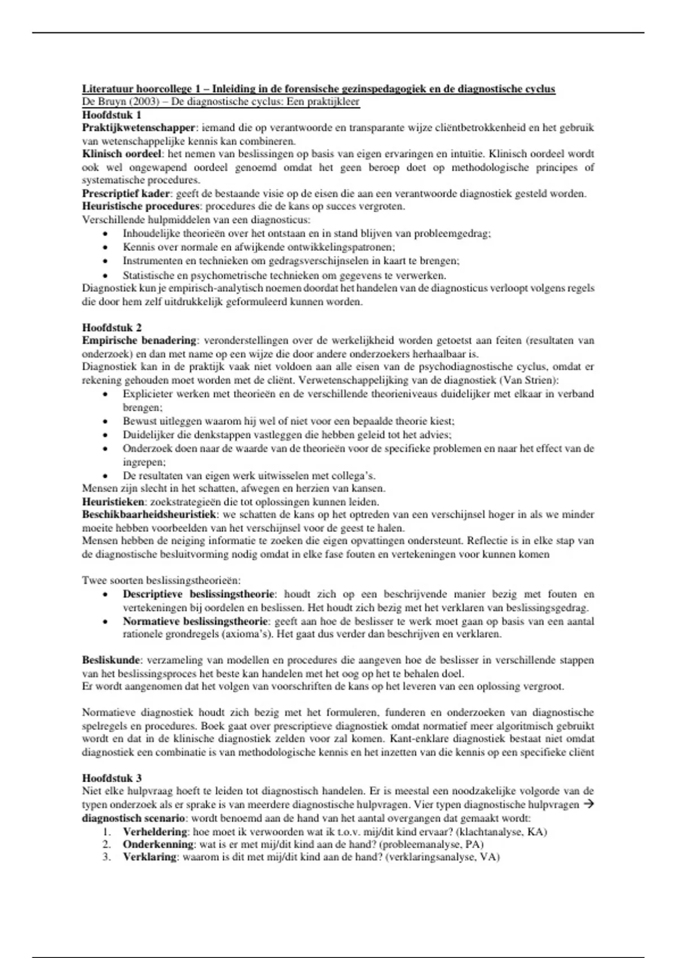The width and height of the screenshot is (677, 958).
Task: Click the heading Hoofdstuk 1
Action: [x=112, y=115]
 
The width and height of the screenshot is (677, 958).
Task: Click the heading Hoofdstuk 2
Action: [x=112, y=327]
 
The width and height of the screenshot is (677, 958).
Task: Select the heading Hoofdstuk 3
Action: [x=112, y=779]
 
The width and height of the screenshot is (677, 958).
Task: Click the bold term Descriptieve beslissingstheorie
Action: [x=199, y=594]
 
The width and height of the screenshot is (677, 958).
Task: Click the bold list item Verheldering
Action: [x=155, y=832]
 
